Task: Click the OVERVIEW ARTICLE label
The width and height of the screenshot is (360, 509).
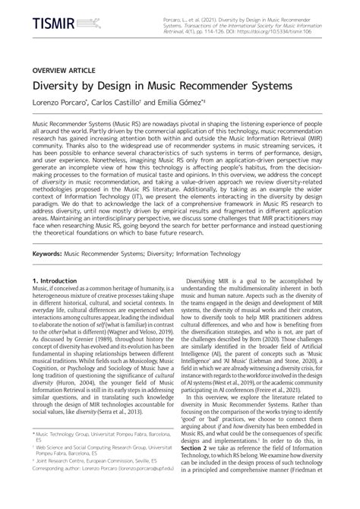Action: (63, 69)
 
